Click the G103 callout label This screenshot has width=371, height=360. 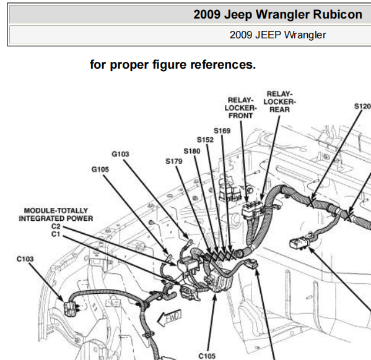(120, 154)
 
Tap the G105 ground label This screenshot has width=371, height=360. (100, 169)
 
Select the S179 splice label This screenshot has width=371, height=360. (174, 161)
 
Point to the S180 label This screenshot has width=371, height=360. (192, 152)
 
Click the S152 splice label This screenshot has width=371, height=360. (206, 140)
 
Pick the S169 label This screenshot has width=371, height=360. (222, 131)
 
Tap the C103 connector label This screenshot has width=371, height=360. (25, 259)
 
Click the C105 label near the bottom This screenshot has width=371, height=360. (207, 356)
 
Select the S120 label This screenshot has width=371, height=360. (362, 106)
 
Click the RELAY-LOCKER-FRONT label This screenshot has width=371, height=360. (241, 108)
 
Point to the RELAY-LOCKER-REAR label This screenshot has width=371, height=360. (280, 101)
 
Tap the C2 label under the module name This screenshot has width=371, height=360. (56, 226)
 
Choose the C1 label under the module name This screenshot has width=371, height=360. (56, 234)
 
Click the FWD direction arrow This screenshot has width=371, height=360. (170, 318)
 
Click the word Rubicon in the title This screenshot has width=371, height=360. (338, 14)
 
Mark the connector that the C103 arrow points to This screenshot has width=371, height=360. (70, 309)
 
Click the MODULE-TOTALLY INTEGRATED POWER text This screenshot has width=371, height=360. (56, 215)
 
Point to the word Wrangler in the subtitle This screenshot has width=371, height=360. (305, 35)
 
